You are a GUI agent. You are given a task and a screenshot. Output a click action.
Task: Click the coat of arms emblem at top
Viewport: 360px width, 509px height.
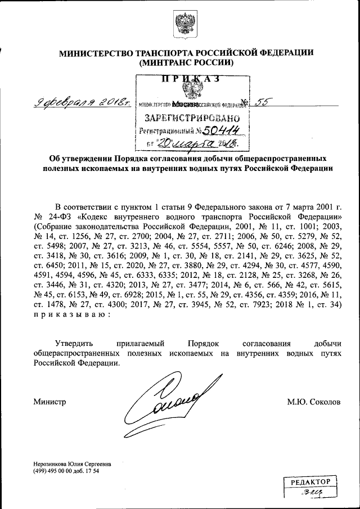tap(184, 25)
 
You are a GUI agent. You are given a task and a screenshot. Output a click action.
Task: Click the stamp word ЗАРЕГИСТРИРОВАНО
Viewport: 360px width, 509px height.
tap(193, 119)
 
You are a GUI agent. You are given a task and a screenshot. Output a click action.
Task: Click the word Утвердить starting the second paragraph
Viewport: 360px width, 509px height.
tap(75, 343)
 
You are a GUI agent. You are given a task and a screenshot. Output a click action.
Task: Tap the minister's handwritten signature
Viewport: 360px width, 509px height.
tap(163, 403)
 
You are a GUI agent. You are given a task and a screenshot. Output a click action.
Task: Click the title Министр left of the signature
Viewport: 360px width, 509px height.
tap(49, 403)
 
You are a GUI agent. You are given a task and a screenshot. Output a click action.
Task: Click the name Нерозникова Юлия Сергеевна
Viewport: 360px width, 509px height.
tap(72, 464)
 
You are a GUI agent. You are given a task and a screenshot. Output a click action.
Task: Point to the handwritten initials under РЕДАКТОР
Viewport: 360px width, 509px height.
tap(310, 495)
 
